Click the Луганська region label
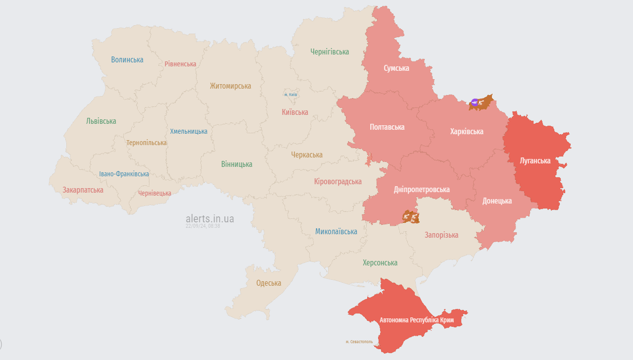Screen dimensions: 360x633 coord(535,160)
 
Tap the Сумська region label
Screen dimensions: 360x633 coord(396,68)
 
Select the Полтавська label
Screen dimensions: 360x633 coord(387,127)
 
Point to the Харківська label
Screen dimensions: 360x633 coord(467,132)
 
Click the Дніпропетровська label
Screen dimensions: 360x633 coord(422,190)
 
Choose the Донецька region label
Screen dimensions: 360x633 coord(497,201)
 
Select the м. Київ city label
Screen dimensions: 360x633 coord(291,95)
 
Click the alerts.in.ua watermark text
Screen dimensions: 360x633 coord(210,218)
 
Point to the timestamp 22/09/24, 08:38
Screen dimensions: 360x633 coord(203,226)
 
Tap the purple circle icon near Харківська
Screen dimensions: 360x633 coord(475,103)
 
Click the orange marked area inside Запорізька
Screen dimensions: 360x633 coord(411,217)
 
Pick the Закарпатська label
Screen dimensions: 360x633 coord(83,190)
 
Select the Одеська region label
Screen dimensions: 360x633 coord(269,283)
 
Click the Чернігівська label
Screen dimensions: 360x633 coord(330,51)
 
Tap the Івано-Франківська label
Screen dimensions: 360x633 coord(124,174)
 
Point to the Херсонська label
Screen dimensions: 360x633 coord(380,263)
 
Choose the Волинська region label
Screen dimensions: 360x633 coord(127,60)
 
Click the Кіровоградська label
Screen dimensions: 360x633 coord(338,182)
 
